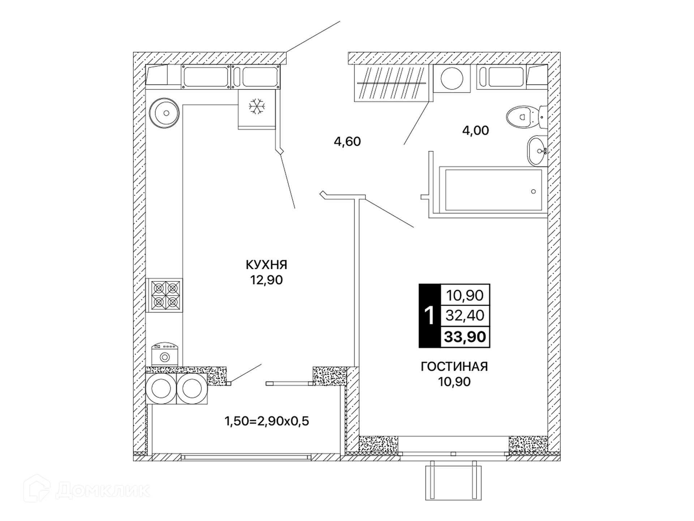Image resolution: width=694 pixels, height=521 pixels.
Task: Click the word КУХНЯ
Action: (266, 265)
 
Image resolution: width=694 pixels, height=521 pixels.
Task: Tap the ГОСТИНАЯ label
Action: (454, 367)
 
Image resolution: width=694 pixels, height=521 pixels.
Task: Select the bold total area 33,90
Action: (465, 337)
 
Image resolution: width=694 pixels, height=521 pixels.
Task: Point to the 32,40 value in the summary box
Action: (465, 315)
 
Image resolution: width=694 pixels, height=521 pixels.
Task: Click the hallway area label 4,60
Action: (347, 141)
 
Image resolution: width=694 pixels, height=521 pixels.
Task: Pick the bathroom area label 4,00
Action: (476, 130)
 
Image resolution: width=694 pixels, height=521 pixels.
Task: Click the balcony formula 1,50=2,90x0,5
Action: (267, 421)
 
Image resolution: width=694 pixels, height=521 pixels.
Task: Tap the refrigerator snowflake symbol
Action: (257, 106)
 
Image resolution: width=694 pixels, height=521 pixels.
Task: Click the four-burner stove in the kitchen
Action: (164, 295)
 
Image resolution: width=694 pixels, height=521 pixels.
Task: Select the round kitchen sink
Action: (164, 113)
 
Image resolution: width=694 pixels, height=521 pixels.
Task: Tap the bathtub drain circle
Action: (533, 191)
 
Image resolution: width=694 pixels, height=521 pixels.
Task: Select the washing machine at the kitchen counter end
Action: (164, 354)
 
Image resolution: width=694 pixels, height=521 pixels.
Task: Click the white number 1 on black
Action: (430, 316)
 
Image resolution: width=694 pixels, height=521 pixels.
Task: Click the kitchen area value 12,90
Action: (267, 280)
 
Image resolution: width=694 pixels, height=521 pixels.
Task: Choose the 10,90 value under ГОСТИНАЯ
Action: (454, 382)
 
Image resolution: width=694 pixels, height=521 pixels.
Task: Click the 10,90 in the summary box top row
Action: (465, 296)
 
